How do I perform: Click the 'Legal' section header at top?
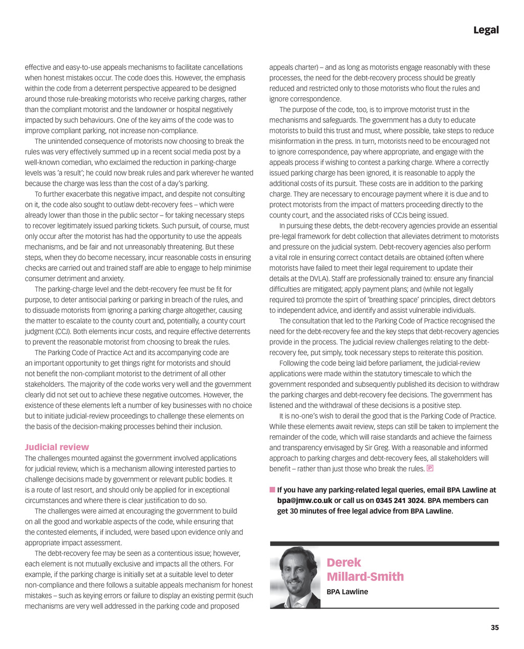[x=486, y=30]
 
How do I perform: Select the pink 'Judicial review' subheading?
[x=57, y=447]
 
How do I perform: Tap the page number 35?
[x=494, y=628]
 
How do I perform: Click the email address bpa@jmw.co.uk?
[x=304, y=500]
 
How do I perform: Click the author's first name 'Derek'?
[x=344, y=562]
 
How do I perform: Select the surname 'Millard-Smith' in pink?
[x=365, y=576]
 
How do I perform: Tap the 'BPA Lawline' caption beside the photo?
[x=347, y=592]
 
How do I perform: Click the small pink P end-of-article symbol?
[x=430, y=468]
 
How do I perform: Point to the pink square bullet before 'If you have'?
[x=272, y=490]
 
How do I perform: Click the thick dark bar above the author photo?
[x=384, y=544]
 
